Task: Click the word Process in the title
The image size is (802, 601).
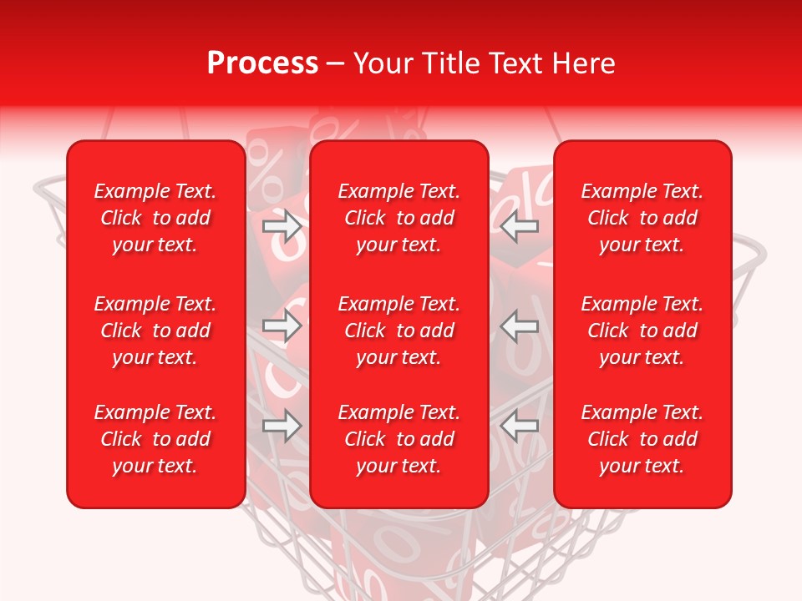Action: pyautogui.click(x=262, y=63)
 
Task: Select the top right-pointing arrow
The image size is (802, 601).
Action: pyautogui.click(x=282, y=226)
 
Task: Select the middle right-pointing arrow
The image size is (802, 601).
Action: pyautogui.click(x=282, y=326)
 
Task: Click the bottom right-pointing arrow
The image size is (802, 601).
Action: pyautogui.click(x=282, y=427)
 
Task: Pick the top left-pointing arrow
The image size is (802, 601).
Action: pyautogui.click(x=520, y=226)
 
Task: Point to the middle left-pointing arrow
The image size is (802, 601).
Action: pyautogui.click(x=520, y=326)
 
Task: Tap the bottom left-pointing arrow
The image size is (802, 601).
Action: pyautogui.click(x=520, y=427)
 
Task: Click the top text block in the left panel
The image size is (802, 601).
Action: pyautogui.click(x=155, y=218)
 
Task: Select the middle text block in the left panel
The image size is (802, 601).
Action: pyautogui.click(x=155, y=331)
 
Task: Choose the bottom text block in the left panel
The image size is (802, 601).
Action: pyautogui.click(x=155, y=439)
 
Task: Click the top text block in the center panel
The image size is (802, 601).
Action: pyautogui.click(x=399, y=218)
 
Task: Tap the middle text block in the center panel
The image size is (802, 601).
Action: pyautogui.click(x=399, y=331)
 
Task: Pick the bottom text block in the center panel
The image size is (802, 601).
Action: pyautogui.click(x=399, y=439)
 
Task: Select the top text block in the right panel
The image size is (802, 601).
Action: pyautogui.click(x=642, y=218)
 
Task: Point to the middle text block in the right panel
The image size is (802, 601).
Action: pyautogui.click(x=642, y=331)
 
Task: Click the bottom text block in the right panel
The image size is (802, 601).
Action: pyautogui.click(x=642, y=439)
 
